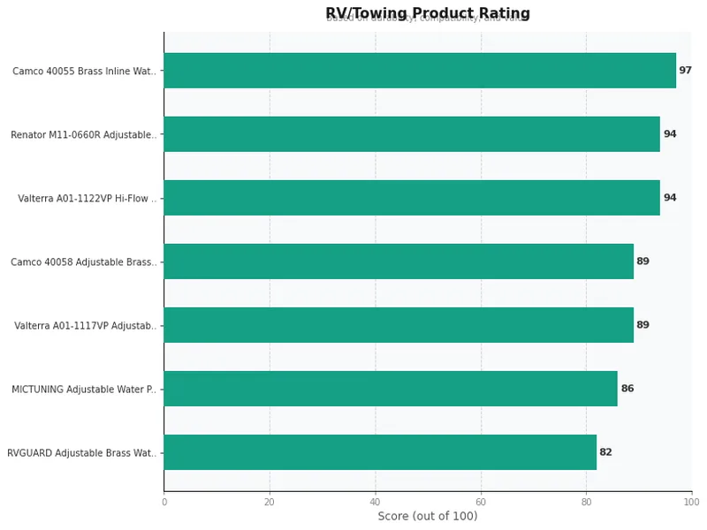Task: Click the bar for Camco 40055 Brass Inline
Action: pos(420,71)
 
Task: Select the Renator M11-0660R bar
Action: pos(412,134)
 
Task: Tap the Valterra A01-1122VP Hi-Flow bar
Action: pos(412,198)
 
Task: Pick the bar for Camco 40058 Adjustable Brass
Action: pos(399,261)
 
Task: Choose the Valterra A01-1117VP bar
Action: pos(399,325)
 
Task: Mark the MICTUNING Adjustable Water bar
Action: pos(391,389)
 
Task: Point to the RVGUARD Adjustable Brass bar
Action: pos(380,452)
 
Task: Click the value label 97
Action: pos(685,71)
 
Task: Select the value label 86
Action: pos(627,389)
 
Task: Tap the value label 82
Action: pos(605,452)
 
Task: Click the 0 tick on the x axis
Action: pos(164,502)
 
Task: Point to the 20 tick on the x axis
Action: pos(270,502)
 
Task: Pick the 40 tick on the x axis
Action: pos(376,502)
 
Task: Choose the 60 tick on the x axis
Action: pos(481,502)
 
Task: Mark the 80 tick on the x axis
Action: pos(586,502)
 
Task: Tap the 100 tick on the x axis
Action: pos(691,502)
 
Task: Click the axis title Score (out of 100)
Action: pos(428,517)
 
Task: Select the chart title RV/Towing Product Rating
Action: pos(428,13)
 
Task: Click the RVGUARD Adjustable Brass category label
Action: pos(82,453)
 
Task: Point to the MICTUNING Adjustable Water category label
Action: pos(84,390)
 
